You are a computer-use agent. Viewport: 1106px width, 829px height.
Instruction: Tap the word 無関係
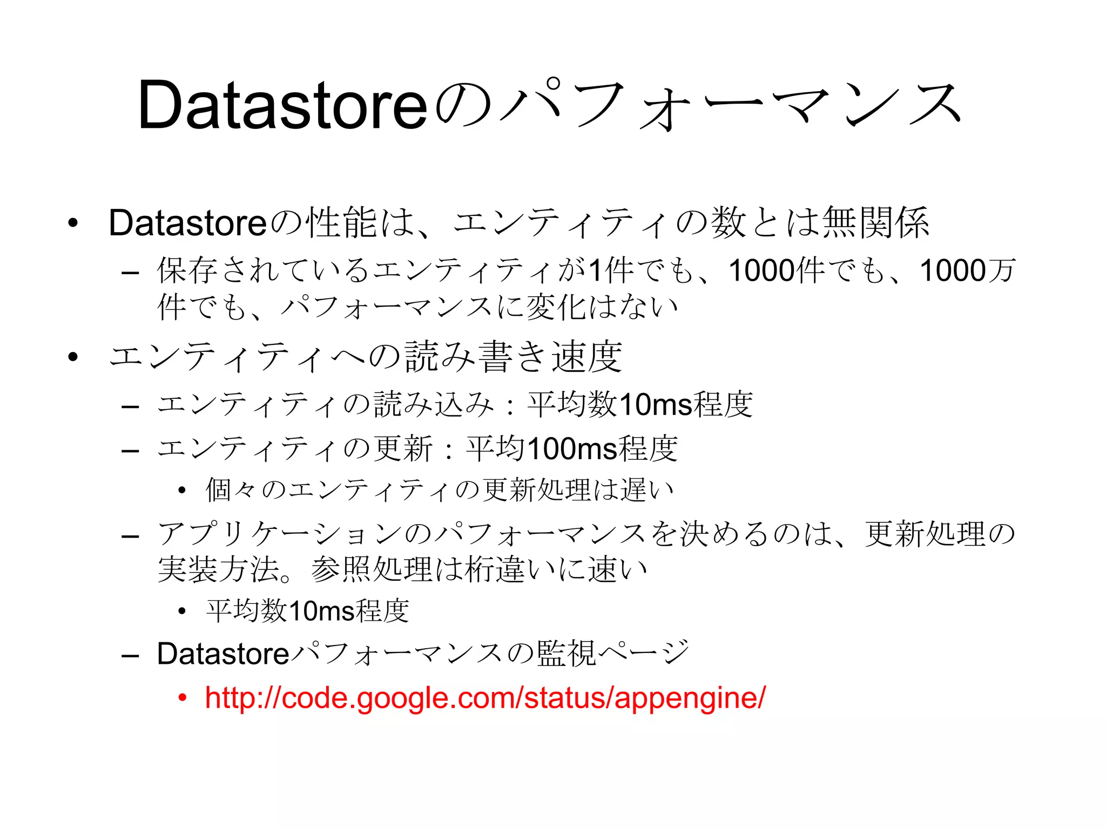(x=875, y=223)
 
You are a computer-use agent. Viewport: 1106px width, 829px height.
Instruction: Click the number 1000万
(x=967, y=270)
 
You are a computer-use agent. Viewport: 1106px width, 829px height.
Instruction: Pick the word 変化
(x=556, y=307)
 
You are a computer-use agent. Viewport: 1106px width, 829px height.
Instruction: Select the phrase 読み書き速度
(x=514, y=357)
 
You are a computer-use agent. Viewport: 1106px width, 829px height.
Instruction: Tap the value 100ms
(x=572, y=449)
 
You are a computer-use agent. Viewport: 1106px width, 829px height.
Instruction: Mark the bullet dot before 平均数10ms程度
(x=183, y=611)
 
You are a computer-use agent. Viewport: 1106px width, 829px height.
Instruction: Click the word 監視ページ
(x=613, y=654)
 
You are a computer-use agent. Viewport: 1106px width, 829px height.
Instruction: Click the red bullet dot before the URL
(x=183, y=698)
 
